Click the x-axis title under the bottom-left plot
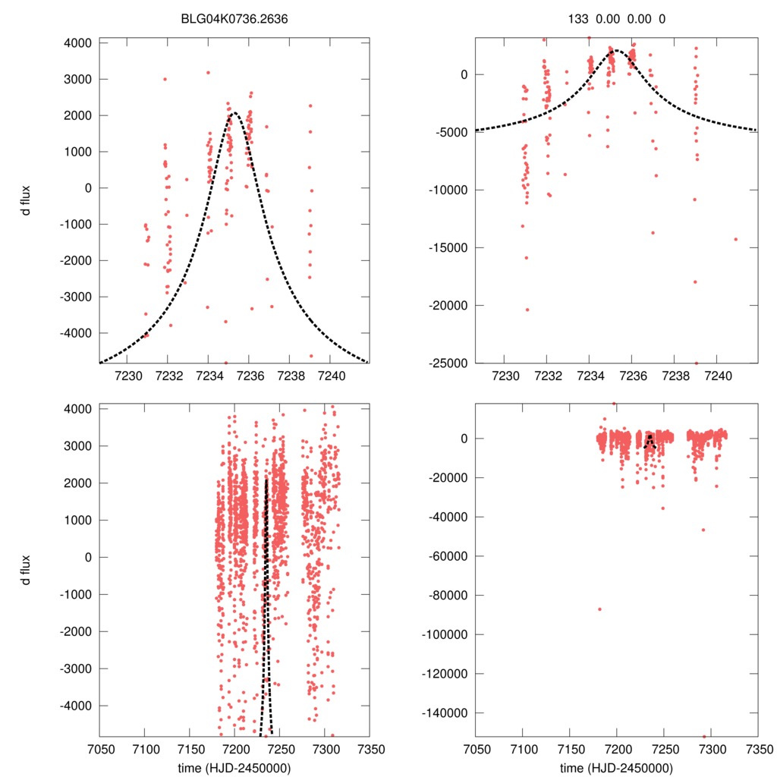coord(234,768)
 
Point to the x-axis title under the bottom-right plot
coord(616,768)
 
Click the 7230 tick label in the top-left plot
coord(126,375)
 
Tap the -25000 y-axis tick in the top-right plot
coord(447,363)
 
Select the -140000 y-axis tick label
coord(444,713)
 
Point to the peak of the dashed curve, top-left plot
coord(234,113)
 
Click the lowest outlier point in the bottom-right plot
coord(703,736)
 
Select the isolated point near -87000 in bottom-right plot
coord(599,609)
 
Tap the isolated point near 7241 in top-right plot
coord(735,239)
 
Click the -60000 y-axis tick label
coord(447,556)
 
